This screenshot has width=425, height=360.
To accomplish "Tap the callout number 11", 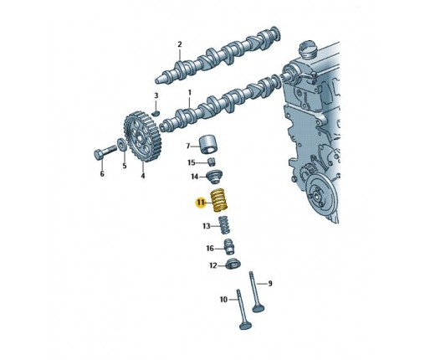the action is (200, 203).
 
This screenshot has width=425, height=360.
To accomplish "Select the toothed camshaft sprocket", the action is (141, 136).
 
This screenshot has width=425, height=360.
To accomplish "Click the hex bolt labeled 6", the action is (105, 152).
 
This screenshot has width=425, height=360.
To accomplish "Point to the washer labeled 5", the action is (122, 144).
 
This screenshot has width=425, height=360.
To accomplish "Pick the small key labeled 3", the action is (156, 113).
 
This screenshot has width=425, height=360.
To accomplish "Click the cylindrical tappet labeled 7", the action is (208, 145).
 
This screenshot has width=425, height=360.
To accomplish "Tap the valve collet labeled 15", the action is (212, 162).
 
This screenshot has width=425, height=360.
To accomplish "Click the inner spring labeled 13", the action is (225, 226).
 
